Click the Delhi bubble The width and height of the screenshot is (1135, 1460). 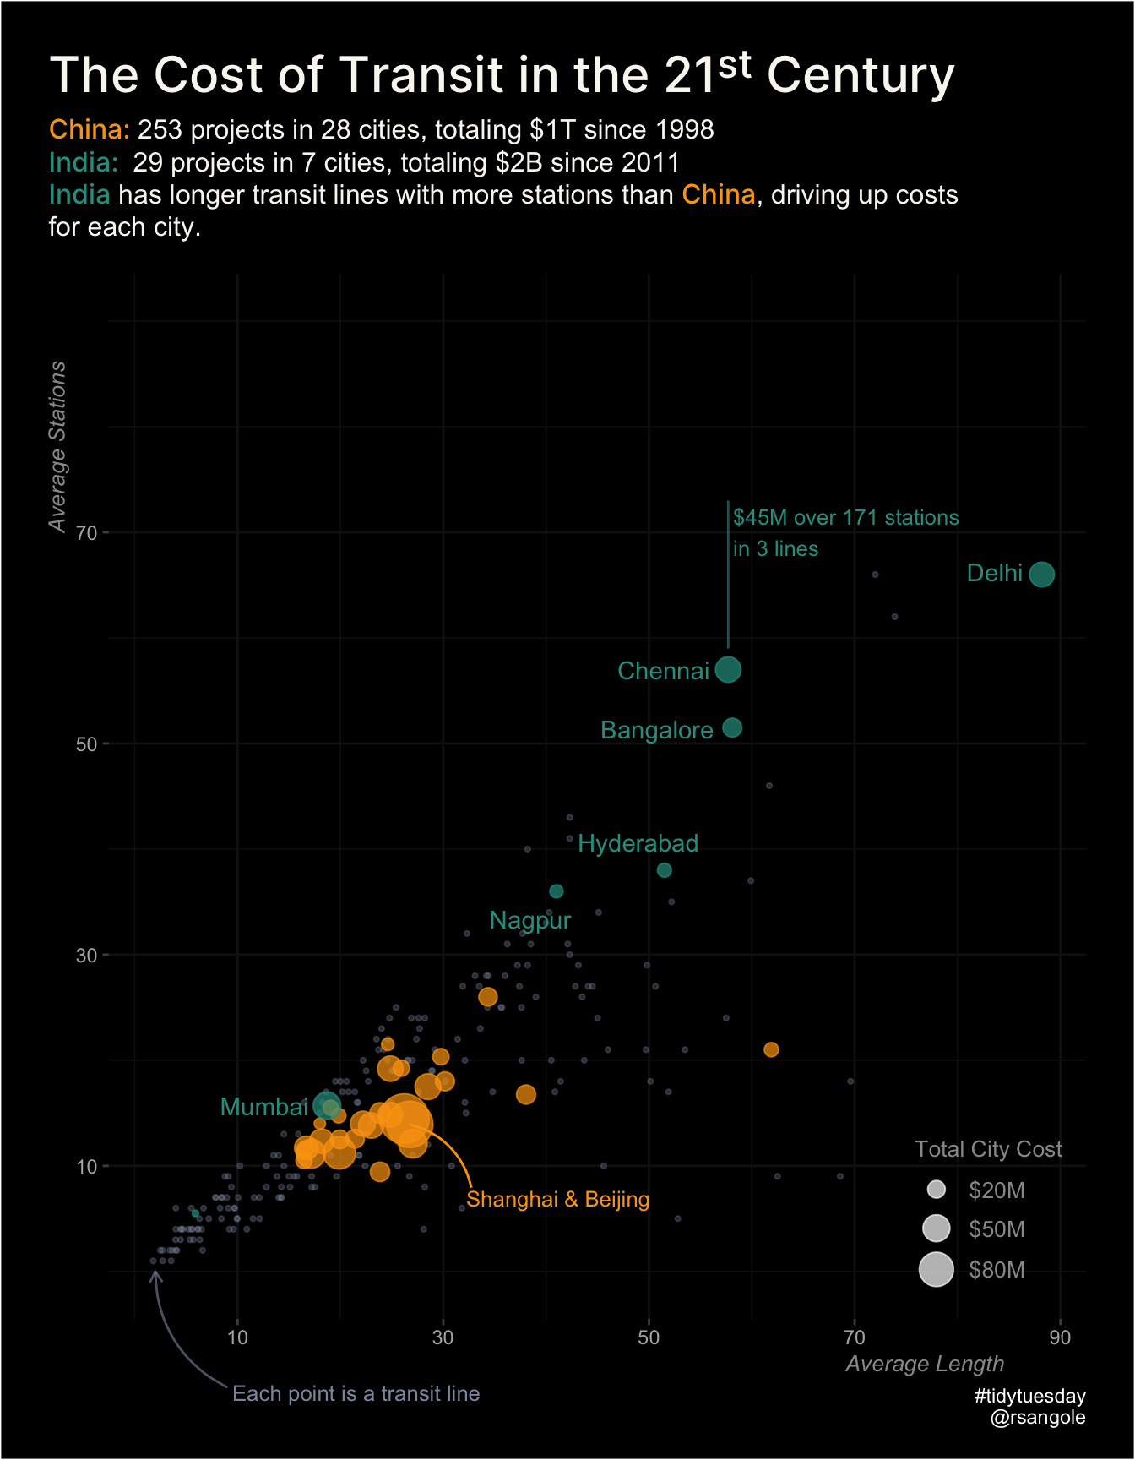(x=1041, y=575)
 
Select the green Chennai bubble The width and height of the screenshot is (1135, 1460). (x=728, y=669)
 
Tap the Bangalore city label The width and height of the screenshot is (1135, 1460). (x=656, y=730)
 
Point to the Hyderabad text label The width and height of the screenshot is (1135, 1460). (x=638, y=843)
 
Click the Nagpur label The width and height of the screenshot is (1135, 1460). (x=530, y=920)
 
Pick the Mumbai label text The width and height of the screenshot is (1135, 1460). (x=263, y=1107)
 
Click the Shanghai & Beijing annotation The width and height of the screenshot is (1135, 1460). (x=557, y=1199)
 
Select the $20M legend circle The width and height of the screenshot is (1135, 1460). (x=936, y=1190)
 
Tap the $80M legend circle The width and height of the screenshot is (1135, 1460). (x=936, y=1269)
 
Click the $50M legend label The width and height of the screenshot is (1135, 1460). (x=997, y=1229)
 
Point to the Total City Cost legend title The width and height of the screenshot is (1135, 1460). (x=988, y=1149)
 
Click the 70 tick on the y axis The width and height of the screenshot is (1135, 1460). (x=87, y=532)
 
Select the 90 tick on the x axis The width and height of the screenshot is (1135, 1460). (x=1059, y=1337)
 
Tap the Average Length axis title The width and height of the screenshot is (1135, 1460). (x=925, y=1364)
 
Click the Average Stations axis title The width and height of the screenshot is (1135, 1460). (x=57, y=446)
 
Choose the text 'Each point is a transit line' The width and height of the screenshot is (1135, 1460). (x=356, y=1393)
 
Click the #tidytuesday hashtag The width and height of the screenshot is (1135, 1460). (x=1029, y=1396)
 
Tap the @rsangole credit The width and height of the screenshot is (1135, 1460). (x=1037, y=1417)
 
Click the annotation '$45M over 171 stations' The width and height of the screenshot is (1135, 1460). (x=845, y=517)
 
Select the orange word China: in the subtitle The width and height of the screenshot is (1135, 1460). (x=90, y=129)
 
